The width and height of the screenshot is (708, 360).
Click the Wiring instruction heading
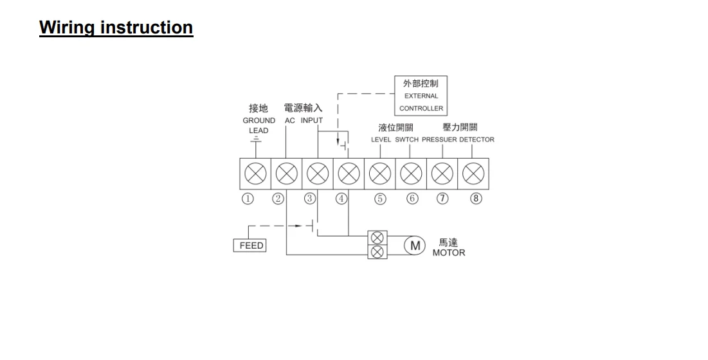[x=116, y=28]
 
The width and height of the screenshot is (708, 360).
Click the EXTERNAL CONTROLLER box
[x=421, y=96]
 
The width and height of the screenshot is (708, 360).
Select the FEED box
[x=251, y=246]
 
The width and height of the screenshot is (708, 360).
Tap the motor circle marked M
[x=415, y=245]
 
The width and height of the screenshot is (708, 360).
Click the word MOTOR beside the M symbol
[x=448, y=253]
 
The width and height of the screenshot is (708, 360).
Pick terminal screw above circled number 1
[x=256, y=174]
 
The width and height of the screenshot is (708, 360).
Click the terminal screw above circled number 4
[x=349, y=174]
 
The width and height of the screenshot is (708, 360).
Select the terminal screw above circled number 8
[x=473, y=174]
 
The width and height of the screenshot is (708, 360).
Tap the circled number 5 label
[x=380, y=198]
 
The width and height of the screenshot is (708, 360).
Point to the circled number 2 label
[x=278, y=198]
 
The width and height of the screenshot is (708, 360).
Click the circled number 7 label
[x=442, y=198]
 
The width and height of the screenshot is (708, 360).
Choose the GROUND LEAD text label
[x=259, y=125]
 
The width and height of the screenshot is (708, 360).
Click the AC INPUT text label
[x=304, y=120]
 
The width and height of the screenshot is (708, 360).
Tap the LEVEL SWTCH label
[x=395, y=139]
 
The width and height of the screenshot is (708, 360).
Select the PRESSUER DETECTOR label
[x=458, y=139]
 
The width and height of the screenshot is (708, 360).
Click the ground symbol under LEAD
[x=256, y=138]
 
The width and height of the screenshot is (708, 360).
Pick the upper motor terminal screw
[x=377, y=238]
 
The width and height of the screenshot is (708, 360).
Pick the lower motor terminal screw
[x=377, y=251]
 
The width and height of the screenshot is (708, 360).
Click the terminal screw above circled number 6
[x=412, y=174]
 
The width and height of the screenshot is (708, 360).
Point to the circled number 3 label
[x=310, y=198]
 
